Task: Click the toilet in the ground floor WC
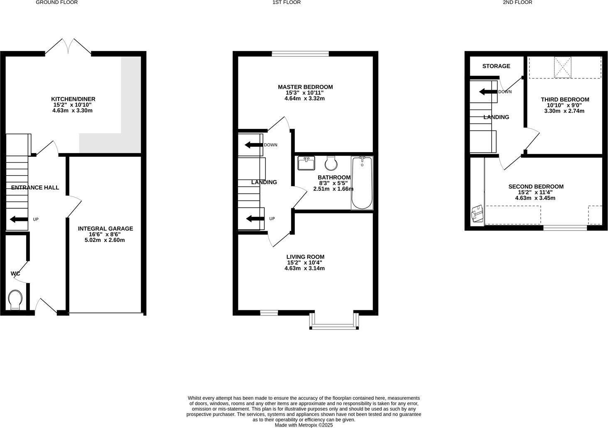(16, 299)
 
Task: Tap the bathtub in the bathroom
(362, 182)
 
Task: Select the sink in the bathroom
(306, 163)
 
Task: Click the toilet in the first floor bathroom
(331, 163)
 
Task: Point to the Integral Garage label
(105, 229)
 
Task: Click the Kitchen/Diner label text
(73, 99)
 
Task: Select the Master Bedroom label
(305, 87)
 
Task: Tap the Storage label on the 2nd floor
(496, 66)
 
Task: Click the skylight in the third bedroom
(563, 67)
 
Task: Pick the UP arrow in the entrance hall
(17, 219)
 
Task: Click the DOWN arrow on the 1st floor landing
(253, 145)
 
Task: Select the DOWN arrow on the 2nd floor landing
(488, 92)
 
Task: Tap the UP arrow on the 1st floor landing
(253, 219)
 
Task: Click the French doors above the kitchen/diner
(68, 46)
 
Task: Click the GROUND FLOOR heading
(56, 2)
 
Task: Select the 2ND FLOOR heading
(517, 2)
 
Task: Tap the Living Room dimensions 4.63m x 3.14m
(304, 268)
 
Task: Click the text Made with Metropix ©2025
(304, 425)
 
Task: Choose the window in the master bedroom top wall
(300, 53)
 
